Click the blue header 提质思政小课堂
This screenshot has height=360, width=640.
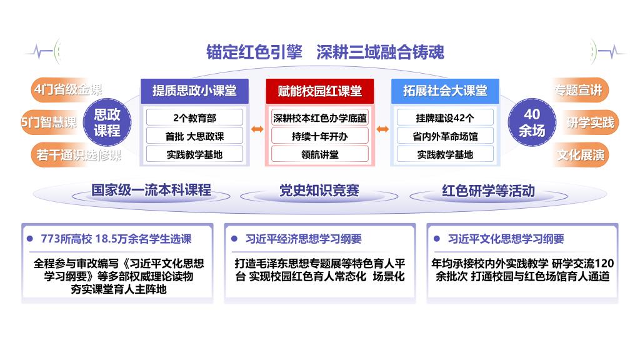(x=194, y=91)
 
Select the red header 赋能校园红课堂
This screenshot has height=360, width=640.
(x=319, y=91)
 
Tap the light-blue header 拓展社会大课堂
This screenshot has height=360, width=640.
(x=445, y=91)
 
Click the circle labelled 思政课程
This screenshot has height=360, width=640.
(x=107, y=122)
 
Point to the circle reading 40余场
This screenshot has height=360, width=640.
(x=532, y=122)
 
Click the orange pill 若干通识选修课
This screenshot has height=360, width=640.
(x=77, y=155)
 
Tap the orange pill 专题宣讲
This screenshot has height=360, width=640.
(x=579, y=90)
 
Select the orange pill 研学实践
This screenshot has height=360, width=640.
(x=590, y=122)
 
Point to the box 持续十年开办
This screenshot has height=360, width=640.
(x=319, y=136)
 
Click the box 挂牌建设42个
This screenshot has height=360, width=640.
(x=445, y=117)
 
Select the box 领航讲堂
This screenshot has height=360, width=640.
(x=319, y=154)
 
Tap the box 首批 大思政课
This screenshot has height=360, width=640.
(x=194, y=136)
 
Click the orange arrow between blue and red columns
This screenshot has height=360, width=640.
(x=257, y=129)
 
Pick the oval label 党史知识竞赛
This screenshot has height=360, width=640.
(x=319, y=191)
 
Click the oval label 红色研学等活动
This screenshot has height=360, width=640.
(x=488, y=191)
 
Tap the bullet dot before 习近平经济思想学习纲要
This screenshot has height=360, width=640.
(x=234, y=239)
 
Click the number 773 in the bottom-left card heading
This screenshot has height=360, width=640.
(x=50, y=239)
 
